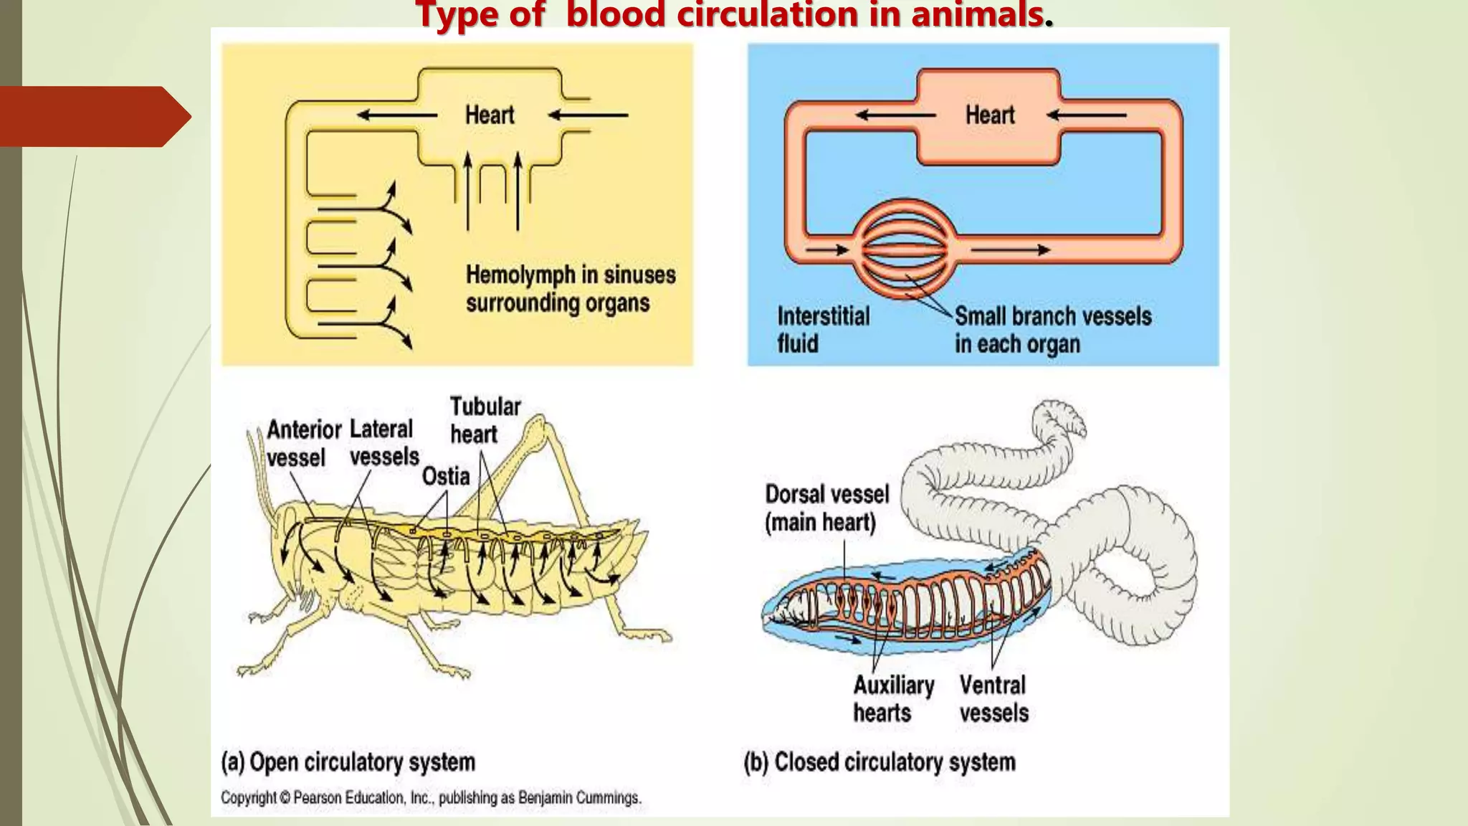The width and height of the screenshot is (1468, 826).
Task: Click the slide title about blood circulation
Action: (734, 14)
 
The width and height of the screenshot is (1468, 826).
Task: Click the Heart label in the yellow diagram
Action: (490, 115)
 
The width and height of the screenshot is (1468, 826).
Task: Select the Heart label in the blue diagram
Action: (990, 115)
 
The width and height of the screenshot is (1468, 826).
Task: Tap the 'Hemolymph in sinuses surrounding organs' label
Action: (571, 288)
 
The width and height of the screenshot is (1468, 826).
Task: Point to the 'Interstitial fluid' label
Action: (823, 330)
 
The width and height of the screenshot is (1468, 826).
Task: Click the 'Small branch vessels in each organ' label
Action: (1052, 330)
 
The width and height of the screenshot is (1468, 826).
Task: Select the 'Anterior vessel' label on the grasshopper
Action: (303, 443)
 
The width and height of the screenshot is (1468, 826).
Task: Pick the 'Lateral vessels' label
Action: (383, 442)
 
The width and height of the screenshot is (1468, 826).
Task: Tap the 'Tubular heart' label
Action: (485, 420)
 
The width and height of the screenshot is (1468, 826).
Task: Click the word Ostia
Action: (445, 476)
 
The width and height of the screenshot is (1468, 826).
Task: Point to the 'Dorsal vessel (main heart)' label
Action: (826, 508)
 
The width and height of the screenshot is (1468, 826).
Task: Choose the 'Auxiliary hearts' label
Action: (893, 698)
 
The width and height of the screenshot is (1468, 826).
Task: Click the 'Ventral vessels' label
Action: (993, 698)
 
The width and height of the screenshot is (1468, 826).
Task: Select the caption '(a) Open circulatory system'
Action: (348, 761)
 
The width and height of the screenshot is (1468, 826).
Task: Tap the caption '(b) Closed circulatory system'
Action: (880, 761)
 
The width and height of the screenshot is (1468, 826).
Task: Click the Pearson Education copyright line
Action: (431, 797)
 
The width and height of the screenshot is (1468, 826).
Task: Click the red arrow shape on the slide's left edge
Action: (93, 116)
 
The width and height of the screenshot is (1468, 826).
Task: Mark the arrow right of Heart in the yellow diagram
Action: (588, 115)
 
